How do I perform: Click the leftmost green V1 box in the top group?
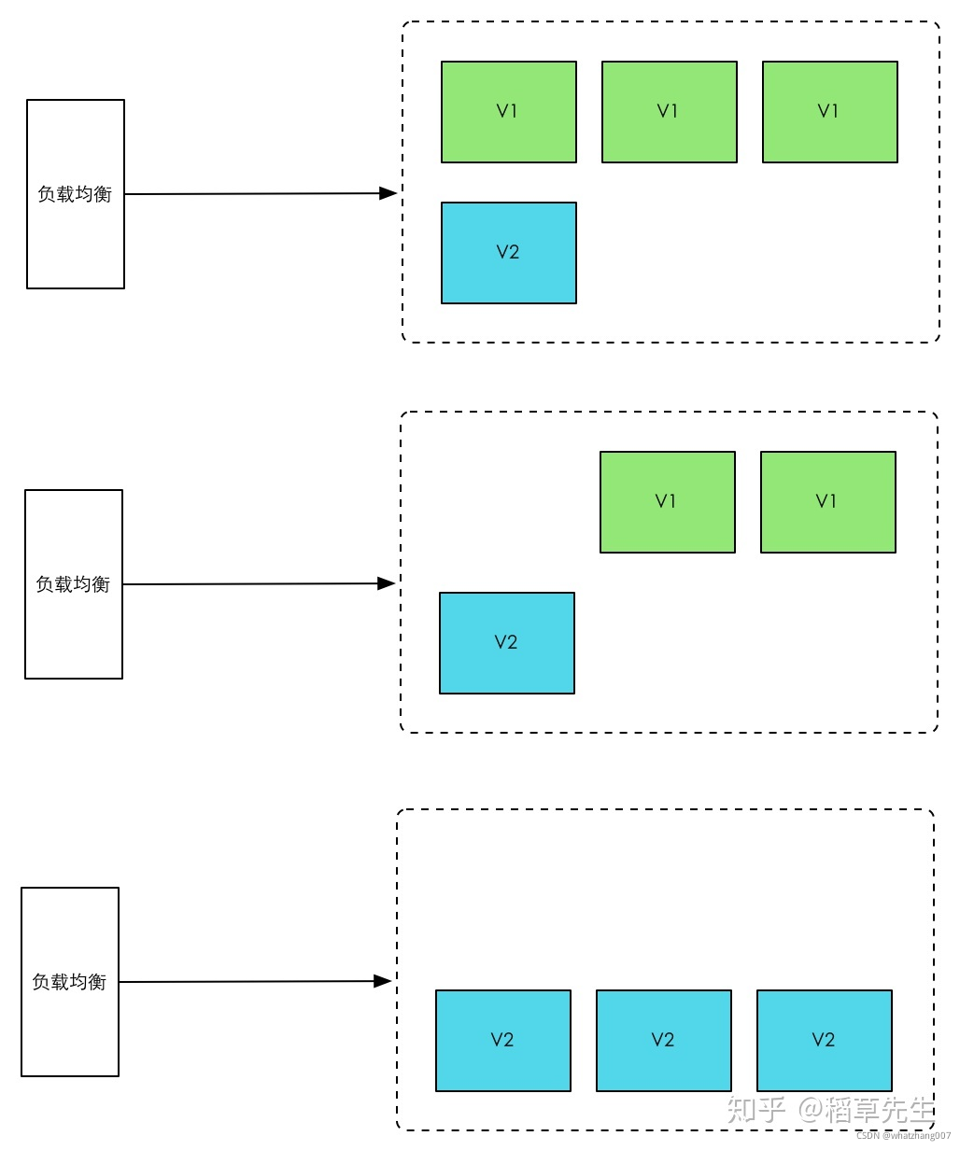[508, 112]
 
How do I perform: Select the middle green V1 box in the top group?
[669, 112]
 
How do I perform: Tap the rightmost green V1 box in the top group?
[829, 112]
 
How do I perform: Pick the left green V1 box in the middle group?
[667, 502]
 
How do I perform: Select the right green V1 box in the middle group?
[827, 502]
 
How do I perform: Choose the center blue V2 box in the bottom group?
[663, 1040]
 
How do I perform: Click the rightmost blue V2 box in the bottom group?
[824, 1040]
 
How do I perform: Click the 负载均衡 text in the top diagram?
[75, 194]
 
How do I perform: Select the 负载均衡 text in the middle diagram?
[73, 584]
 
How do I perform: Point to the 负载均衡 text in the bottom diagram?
[69, 982]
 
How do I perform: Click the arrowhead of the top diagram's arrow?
[388, 193]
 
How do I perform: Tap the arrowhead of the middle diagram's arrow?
[387, 583]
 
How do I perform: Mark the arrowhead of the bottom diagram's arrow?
[383, 981]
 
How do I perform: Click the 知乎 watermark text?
[756, 1110]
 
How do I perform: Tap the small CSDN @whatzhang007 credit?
[903, 1136]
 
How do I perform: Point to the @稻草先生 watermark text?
[866, 1110]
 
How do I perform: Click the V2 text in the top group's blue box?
[507, 252]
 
